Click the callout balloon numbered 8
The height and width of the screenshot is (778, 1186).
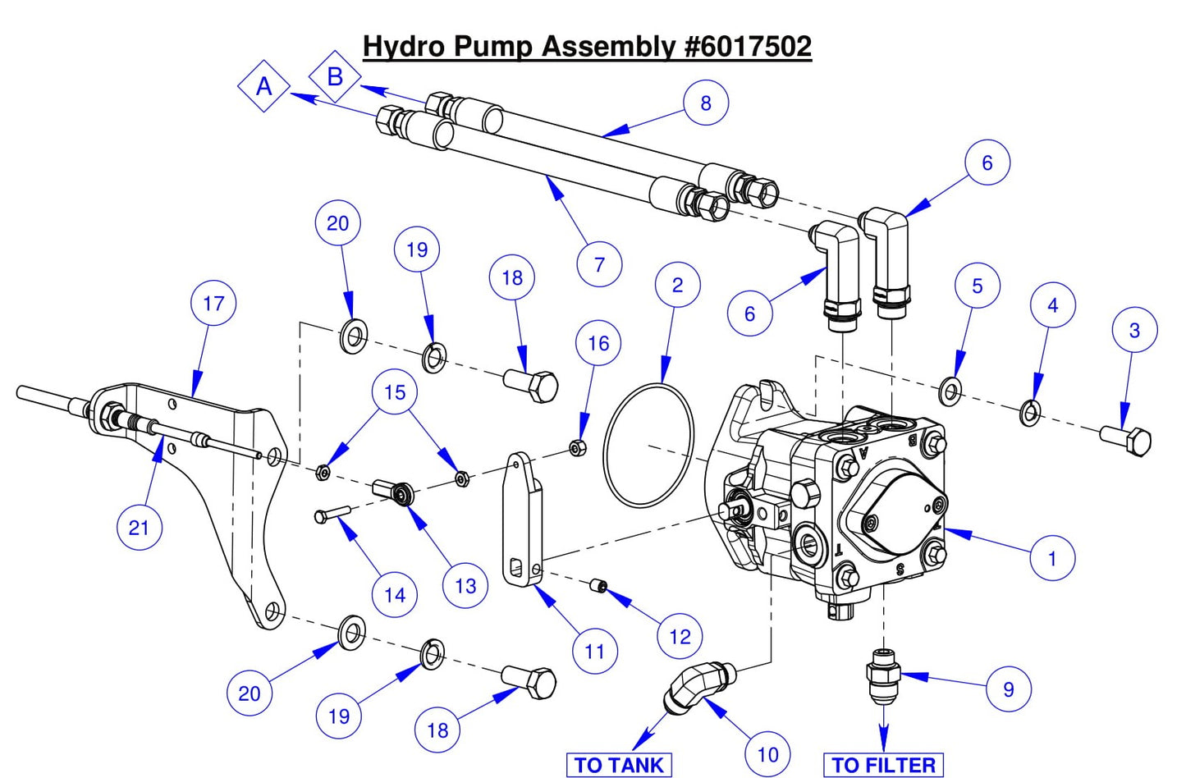click(x=706, y=103)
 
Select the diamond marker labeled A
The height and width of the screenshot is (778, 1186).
click(x=263, y=86)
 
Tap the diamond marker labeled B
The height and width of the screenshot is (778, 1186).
click(x=335, y=76)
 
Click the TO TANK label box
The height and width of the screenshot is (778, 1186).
click(x=619, y=765)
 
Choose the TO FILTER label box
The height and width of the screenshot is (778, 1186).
click(x=883, y=765)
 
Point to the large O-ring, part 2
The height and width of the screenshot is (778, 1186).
click(x=648, y=447)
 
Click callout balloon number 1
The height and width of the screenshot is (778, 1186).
click(x=1052, y=558)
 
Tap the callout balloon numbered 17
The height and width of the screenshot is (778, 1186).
click(x=213, y=304)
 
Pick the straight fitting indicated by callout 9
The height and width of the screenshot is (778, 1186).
click(x=882, y=670)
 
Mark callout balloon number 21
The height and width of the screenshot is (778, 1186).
click(x=139, y=527)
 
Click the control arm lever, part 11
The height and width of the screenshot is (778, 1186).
click(x=521, y=521)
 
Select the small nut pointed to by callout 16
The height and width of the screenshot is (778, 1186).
click(x=577, y=448)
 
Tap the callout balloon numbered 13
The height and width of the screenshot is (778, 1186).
click(x=465, y=586)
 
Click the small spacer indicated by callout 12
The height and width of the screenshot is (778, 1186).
click(x=599, y=586)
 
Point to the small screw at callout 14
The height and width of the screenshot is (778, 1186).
click(x=332, y=515)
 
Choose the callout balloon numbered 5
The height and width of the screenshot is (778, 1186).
click(x=977, y=286)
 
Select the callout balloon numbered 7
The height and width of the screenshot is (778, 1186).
click(x=599, y=265)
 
